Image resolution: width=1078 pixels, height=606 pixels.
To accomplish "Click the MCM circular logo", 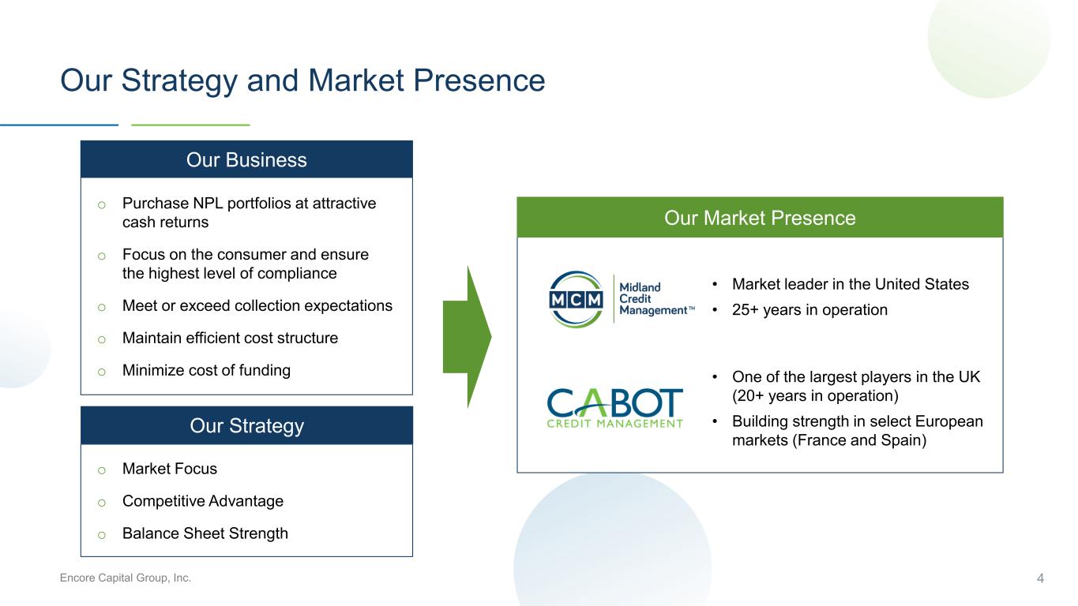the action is (x=576, y=299).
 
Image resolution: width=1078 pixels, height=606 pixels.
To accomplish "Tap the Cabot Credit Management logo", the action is (x=615, y=408).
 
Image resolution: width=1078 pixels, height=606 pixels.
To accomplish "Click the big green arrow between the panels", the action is (x=468, y=337).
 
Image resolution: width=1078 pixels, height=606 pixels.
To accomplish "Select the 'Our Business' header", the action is (x=246, y=159).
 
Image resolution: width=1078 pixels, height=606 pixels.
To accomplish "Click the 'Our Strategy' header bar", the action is (x=246, y=425).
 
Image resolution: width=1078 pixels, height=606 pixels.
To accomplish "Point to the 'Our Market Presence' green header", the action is (x=760, y=218).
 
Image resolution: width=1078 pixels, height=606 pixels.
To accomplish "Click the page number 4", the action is (x=1040, y=578).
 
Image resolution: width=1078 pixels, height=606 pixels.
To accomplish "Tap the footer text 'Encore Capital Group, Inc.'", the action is (x=125, y=578).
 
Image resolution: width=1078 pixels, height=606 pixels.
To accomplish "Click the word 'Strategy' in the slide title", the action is (x=179, y=80).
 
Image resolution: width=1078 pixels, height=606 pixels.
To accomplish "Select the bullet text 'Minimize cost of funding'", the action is (x=206, y=370).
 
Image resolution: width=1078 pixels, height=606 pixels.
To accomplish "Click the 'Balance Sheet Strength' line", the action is (x=205, y=533).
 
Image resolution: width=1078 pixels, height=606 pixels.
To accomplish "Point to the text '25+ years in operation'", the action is (x=810, y=310).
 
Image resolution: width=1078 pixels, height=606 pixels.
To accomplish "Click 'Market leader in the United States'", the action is (x=851, y=284).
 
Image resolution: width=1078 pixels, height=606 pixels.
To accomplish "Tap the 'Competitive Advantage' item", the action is (x=203, y=501).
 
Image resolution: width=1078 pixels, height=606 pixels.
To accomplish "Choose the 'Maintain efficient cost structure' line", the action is (x=230, y=338).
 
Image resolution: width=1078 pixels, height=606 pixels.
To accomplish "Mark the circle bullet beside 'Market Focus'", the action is (x=102, y=470).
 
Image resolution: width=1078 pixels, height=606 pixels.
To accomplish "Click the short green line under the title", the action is (x=190, y=125).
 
